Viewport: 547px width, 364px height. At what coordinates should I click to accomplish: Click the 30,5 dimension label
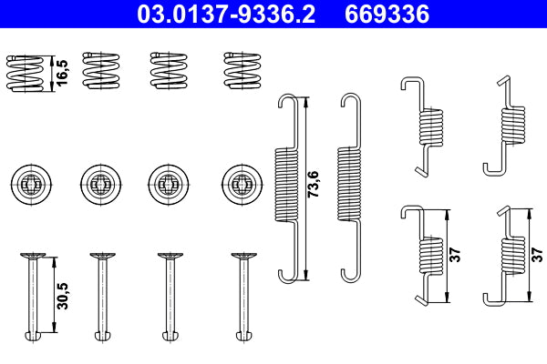60,295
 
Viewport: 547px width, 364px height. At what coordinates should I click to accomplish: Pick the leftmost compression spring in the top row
25,71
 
